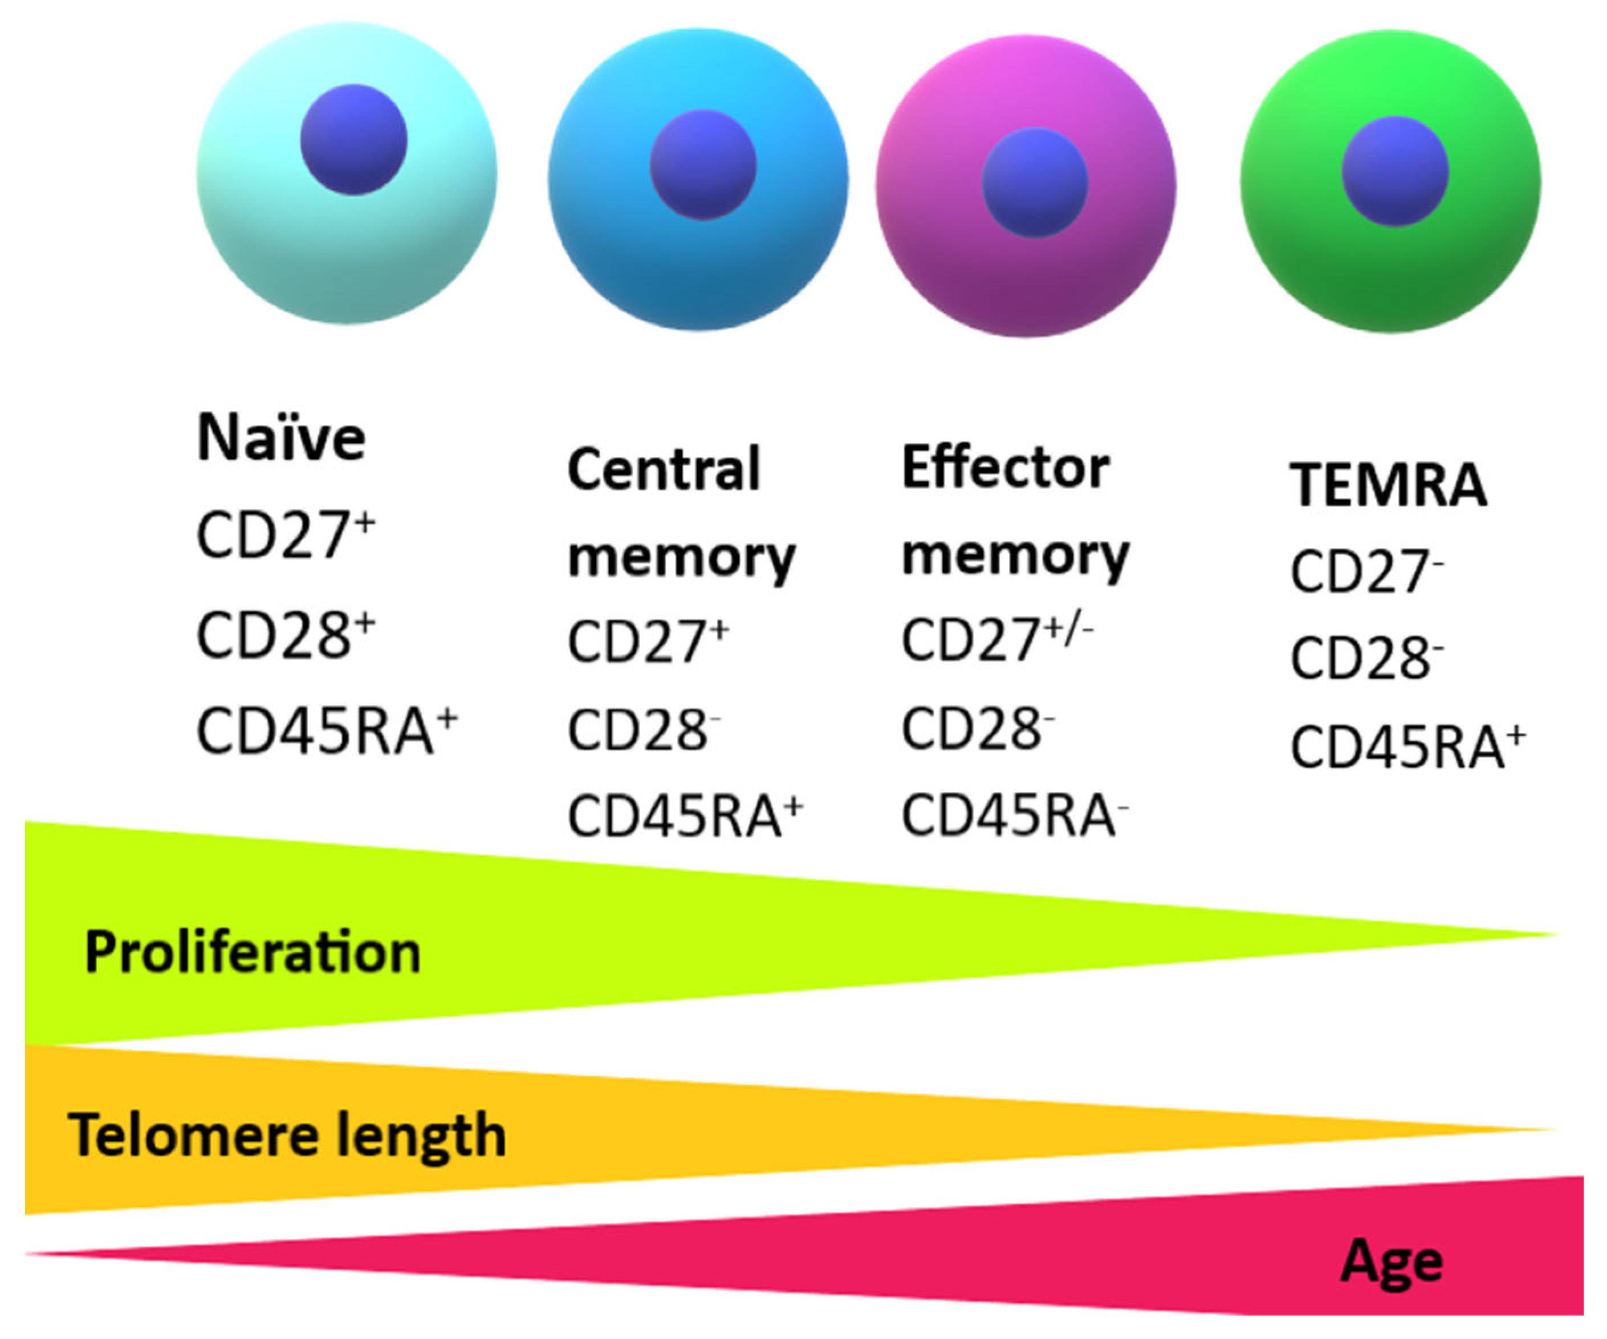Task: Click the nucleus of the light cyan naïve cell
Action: click(x=353, y=139)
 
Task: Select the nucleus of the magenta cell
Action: click(x=1035, y=183)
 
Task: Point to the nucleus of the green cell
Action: click(x=1394, y=171)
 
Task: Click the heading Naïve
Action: click(x=281, y=438)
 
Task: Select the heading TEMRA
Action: click(x=1388, y=485)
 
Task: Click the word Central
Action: click(x=664, y=469)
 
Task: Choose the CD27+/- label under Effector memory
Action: click(x=996, y=639)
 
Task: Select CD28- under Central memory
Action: click(x=644, y=729)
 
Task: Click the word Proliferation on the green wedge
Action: click(x=253, y=952)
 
